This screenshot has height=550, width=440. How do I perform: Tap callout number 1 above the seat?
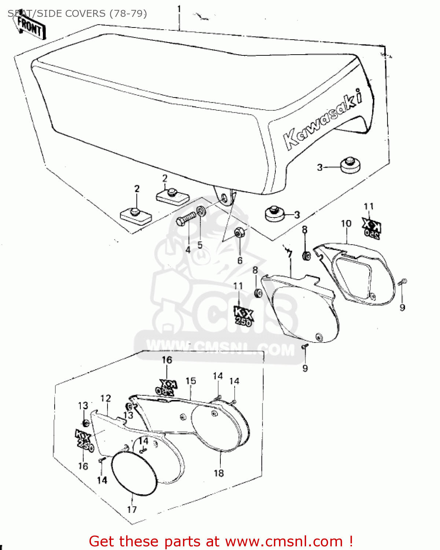point(179,9)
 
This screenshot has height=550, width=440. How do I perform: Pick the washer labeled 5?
point(201,212)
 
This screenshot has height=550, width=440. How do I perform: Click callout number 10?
point(346,223)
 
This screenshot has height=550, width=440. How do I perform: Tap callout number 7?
point(290,254)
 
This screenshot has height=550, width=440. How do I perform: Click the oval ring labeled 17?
point(134,472)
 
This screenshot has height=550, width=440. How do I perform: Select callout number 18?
point(219,473)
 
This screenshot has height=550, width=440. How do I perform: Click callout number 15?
point(191,381)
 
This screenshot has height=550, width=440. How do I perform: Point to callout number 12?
point(106,398)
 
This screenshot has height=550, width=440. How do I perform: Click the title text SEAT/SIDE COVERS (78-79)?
point(77,14)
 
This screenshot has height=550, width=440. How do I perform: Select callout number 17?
point(132,509)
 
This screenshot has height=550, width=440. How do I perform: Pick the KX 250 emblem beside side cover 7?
point(243,316)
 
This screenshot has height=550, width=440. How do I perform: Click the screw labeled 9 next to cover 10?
point(402,282)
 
